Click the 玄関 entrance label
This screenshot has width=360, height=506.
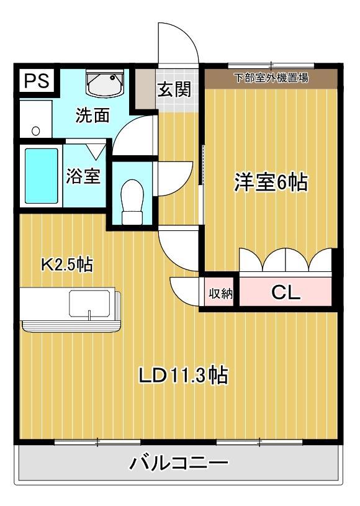click(x=174, y=90)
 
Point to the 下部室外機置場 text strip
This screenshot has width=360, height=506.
click(x=271, y=78)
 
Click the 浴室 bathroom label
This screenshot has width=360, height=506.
click(x=83, y=176)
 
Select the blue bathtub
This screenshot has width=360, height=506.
click(x=42, y=176)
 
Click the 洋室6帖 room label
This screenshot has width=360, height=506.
click(x=271, y=183)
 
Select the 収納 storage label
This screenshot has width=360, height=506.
click(x=220, y=294)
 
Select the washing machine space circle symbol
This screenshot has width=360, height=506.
click(x=35, y=130)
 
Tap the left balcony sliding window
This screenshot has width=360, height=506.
click(x=97, y=442)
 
